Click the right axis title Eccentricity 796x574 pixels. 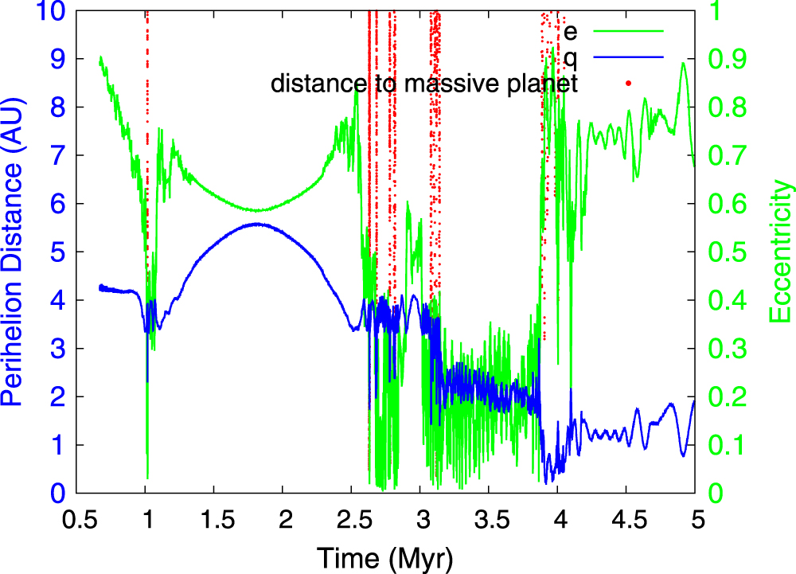[x=782, y=253]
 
